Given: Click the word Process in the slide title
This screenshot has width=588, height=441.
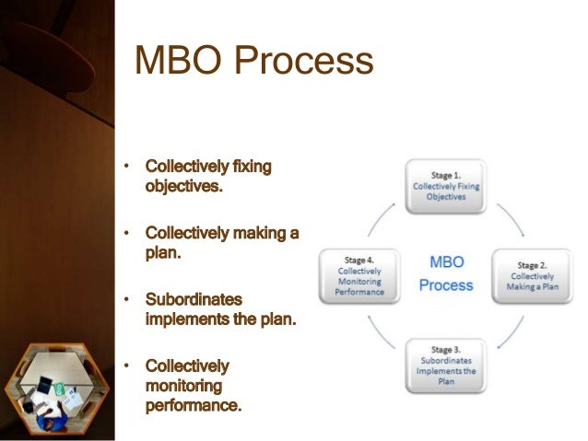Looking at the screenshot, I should pos(309,63).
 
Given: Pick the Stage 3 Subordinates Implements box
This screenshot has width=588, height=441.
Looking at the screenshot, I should pos(446,366).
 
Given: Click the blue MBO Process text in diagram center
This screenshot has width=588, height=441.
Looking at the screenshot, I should pos(445,274).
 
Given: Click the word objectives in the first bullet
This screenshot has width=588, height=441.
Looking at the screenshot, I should pos(184,186).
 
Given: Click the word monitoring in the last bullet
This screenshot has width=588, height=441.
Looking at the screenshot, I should pos(182,386).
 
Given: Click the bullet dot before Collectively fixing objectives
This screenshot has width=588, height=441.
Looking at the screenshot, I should pos(130,167).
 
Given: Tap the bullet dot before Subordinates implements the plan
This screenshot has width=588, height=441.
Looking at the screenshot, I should pos(130,300).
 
